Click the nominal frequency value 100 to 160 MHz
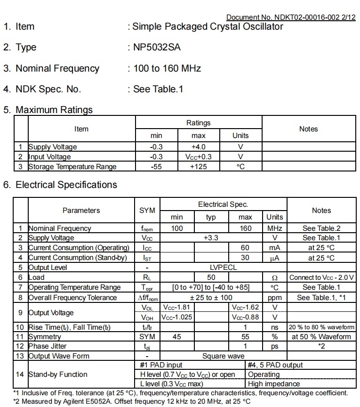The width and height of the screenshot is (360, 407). coord(167,68)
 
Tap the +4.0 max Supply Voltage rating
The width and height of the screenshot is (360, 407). coord(198,147)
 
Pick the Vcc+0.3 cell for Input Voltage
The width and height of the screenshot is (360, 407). coord(198,157)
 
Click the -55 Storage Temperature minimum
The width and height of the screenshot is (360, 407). coord(156,167)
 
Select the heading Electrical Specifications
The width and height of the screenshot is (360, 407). coord(66,185)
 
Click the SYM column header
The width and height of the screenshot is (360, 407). coord(147,211)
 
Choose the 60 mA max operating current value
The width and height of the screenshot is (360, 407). coord(245,248)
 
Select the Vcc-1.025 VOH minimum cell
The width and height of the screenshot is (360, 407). coord(176,317)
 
